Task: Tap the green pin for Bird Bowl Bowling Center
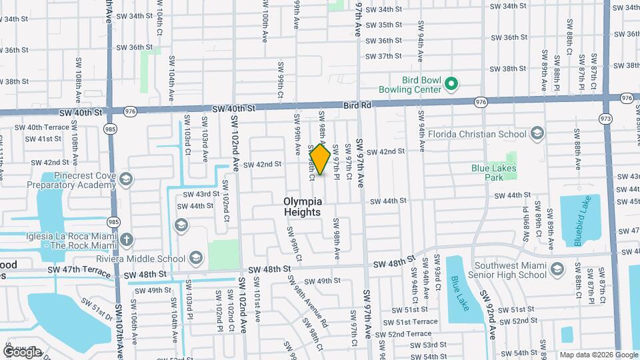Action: pyautogui.click(x=451, y=83)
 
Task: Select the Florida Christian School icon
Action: pyautogui.click(x=537, y=134)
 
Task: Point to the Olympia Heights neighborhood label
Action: pyautogui.click(x=303, y=206)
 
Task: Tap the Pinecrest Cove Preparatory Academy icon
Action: pyautogui.click(x=126, y=179)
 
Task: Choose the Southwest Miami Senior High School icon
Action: pyautogui.click(x=558, y=269)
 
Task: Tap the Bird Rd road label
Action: pyautogui.click(x=357, y=105)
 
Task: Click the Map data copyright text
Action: pyautogui.click(x=598, y=355)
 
